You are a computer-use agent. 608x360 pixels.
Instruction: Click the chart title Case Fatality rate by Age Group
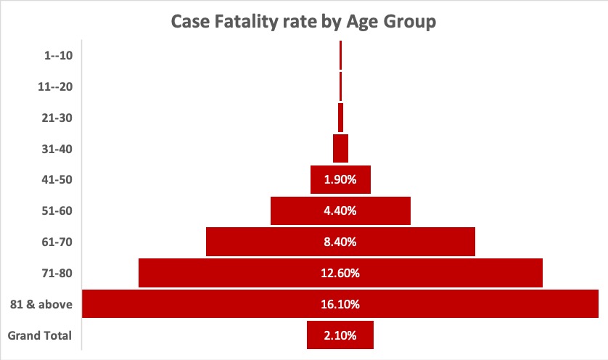point(303,22)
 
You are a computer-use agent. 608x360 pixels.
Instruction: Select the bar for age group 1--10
point(340,55)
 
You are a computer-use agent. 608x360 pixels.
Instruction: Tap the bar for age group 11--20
point(340,86)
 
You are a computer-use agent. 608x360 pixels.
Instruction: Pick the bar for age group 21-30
point(340,118)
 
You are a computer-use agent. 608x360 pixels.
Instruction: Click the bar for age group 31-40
point(340,149)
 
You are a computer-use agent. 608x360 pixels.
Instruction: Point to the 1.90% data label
point(340,180)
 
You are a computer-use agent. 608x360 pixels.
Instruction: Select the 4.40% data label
point(340,211)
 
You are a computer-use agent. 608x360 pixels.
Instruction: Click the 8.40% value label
point(340,242)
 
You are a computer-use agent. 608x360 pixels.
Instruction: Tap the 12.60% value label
point(340,274)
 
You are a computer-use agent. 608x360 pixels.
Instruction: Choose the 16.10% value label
point(340,305)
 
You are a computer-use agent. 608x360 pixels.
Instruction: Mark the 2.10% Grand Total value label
point(340,336)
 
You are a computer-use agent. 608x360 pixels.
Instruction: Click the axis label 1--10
point(58,55)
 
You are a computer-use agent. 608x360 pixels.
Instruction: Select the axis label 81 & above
point(42,305)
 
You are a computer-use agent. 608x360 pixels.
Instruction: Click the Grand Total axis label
point(39,336)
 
